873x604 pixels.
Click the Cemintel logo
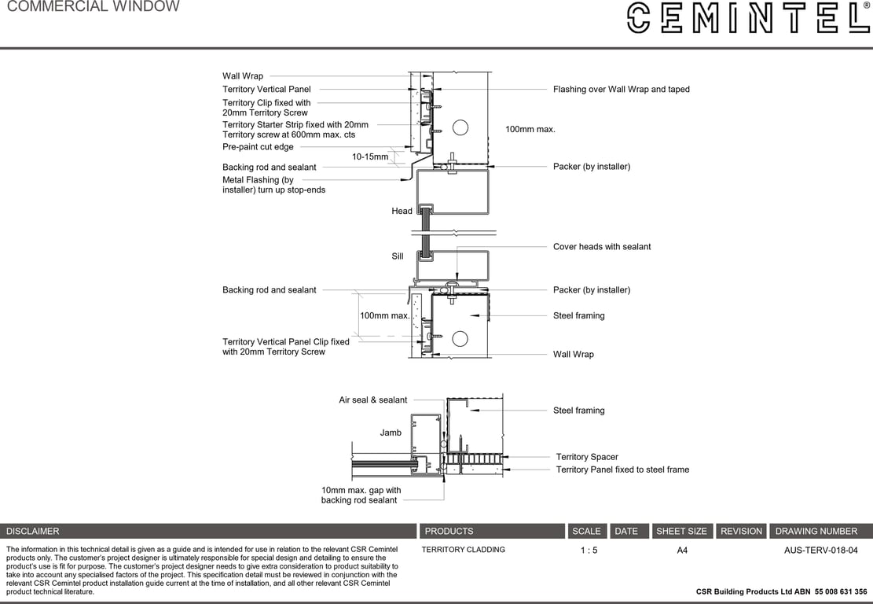[x=746, y=17]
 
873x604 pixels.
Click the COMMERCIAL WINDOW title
[x=93, y=7]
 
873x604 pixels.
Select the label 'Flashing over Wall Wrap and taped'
[x=621, y=90]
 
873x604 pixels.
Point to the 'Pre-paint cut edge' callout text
[x=258, y=147]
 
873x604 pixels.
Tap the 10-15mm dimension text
[x=370, y=157]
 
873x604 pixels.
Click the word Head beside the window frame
[x=402, y=212]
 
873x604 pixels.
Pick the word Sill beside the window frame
[x=398, y=256]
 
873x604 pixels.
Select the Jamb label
[x=391, y=433]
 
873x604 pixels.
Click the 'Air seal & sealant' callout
[x=372, y=400]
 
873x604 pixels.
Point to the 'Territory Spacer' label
[x=587, y=457]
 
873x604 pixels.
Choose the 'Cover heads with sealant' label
[x=602, y=247]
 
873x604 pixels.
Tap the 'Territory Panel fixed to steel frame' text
[x=622, y=470]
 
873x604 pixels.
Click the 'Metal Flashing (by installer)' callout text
[x=273, y=185]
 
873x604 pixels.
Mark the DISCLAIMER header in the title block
[x=33, y=532]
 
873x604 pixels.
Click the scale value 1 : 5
[x=589, y=551]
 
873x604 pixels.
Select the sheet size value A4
[x=682, y=551]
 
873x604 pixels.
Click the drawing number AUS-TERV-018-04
[x=820, y=551]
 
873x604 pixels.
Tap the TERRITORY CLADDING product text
[x=463, y=550]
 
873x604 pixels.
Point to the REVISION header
[x=741, y=532]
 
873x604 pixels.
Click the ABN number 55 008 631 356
[x=841, y=591]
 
